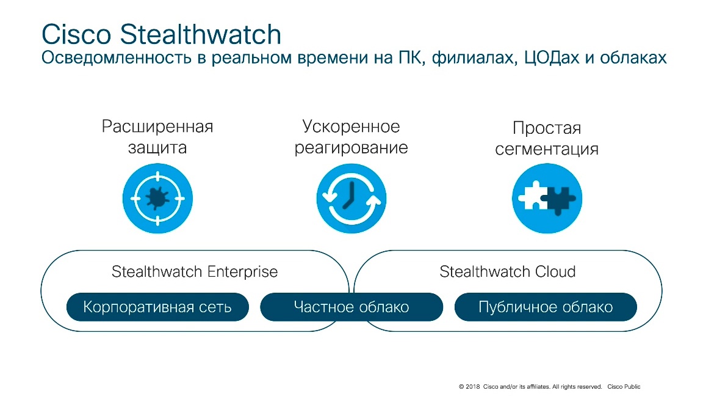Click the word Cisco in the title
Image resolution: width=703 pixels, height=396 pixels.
tap(76, 34)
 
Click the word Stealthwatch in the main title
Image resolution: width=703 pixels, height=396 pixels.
tap(200, 34)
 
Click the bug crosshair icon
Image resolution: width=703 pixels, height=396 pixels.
tap(158, 198)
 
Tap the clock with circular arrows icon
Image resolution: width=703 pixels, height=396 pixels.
tap(351, 198)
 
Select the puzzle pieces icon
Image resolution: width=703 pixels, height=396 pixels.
tap(547, 198)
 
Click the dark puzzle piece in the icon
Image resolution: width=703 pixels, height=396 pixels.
tap(558, 199)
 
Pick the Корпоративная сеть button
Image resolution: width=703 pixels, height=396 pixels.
tap(157, 307)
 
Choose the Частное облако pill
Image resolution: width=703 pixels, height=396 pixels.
tap(351, 307)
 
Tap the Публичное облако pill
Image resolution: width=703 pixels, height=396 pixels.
tap(546, 307)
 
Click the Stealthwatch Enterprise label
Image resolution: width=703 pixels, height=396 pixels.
tap(195, 271)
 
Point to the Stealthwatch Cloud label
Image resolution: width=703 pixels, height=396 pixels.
tap(508, 271)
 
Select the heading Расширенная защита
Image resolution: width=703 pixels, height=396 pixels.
tap(157, 137)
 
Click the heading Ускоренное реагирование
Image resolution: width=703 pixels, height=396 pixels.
tap(351, 137)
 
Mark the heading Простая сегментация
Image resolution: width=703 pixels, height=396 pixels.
tap(547, 138)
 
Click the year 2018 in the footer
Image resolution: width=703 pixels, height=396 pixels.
tap(472, 387)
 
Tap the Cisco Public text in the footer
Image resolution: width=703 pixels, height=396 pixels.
tap(624, 387)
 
